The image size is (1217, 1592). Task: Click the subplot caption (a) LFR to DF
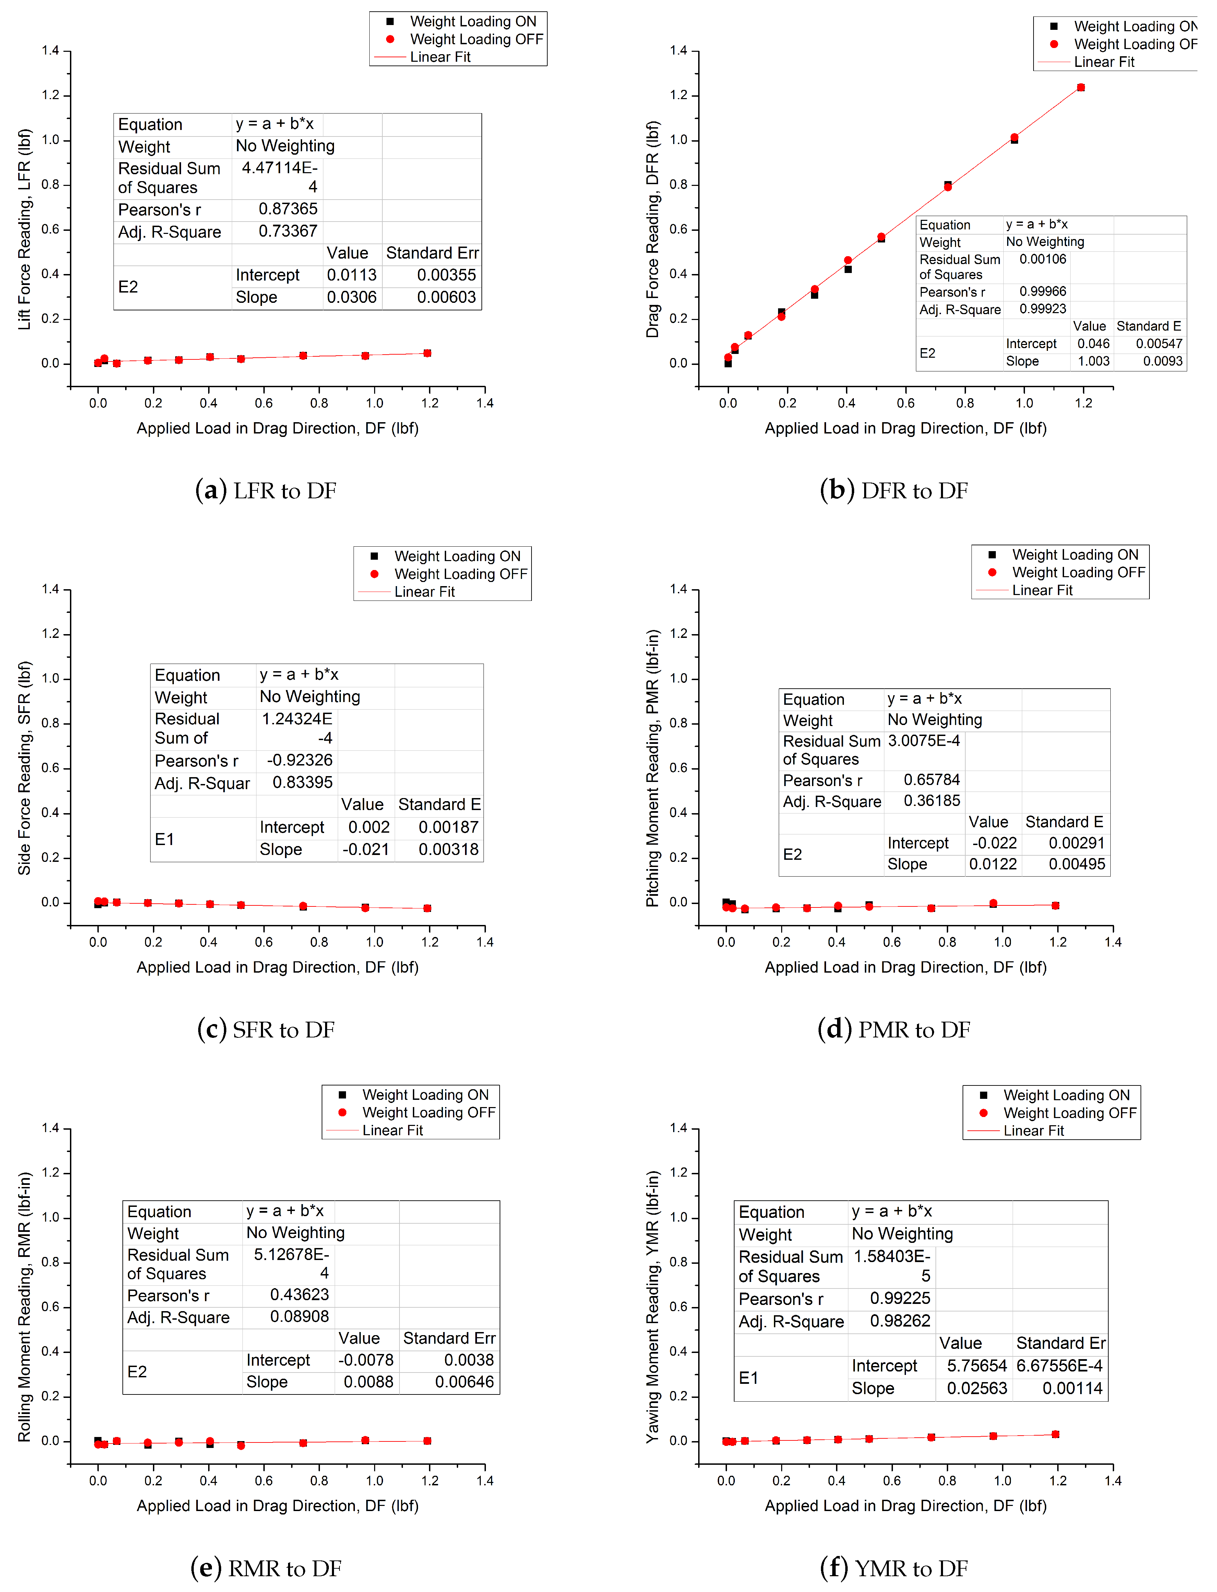click(266, 491)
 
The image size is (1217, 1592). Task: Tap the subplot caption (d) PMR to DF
click(894, 1029)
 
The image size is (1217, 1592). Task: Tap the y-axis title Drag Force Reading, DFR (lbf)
click(653, 229)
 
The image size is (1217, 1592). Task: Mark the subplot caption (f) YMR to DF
click(894, 1568)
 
